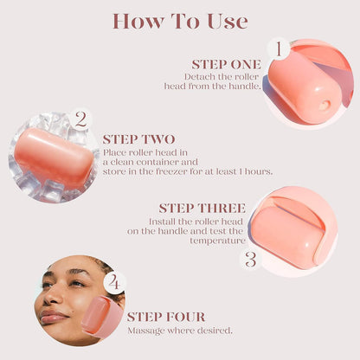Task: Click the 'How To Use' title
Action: click(180, 21)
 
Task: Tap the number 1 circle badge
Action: click(278, 48)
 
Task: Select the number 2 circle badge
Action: click(80, 119)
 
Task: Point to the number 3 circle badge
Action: click(250, 259)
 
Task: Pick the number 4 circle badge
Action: click(115, 283)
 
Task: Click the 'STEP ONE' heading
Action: click(228, 64)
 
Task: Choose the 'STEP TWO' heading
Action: click(138, 138)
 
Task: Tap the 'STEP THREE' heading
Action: click(202, 209)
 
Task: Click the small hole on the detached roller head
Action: click(325, 105)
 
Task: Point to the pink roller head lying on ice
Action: click(54, 157)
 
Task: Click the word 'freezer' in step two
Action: click(196, 171)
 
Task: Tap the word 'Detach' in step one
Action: click(198, 77)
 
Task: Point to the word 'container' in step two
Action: click(175, 161)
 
